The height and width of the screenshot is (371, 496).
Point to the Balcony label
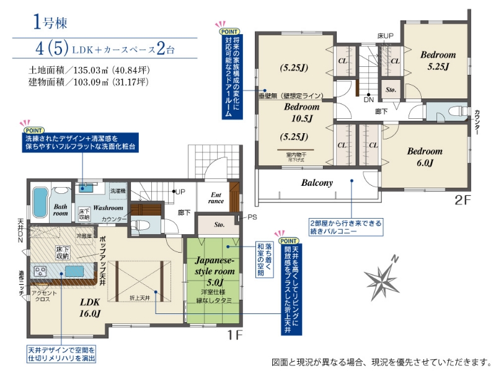click(x=317, y=183)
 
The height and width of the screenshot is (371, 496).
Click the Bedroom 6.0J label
click(x=425, y=157)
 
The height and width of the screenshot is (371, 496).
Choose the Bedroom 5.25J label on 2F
click(x=438, y=60)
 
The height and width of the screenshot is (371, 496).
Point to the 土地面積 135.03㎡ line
click(x=89, y=70)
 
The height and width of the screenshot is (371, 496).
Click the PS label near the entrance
click(x=251, y=217)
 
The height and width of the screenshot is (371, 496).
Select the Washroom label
click(x=109, y=208)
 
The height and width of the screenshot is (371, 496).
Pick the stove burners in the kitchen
click(x=40, y=271)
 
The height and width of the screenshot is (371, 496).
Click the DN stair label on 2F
click(x=368, y=99)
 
